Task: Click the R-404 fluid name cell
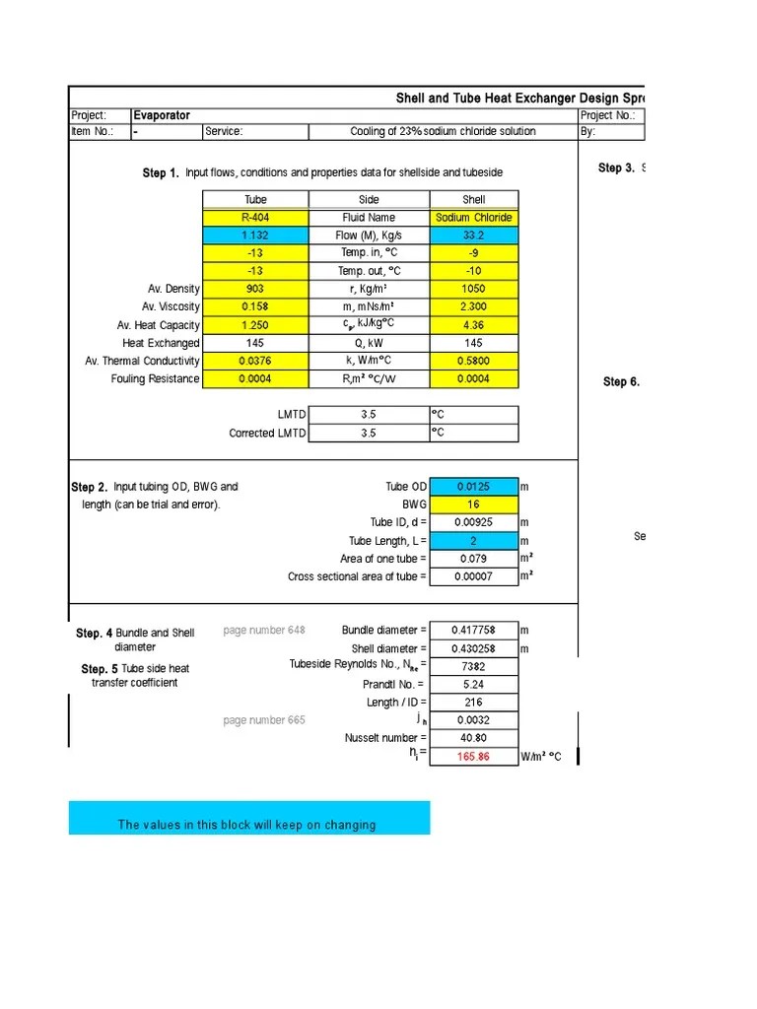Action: click(254, 218)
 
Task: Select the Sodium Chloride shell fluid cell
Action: click(473, 218)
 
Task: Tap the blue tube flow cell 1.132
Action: click(254, 235)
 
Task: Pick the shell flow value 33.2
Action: click(473, 235)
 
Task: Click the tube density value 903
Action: click(254, 289)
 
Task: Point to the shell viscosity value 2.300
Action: click(473, 307)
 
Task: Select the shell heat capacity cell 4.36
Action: click(473, 325)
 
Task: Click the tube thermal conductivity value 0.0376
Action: click(254, 361)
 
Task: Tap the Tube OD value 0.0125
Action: click(473, 487)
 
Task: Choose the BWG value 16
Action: click(473, 504)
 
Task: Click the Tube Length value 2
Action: click(473, 541)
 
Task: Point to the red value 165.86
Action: click(473, 757)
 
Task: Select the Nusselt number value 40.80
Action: click(473, 738)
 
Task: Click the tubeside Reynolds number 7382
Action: click(473, 666)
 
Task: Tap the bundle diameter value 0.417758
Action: click(473, 630)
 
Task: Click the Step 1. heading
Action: click(161, 173)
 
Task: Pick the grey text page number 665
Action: click(264, 720)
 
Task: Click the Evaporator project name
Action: click(162, 115)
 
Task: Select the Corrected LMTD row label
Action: click(267, 433)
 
